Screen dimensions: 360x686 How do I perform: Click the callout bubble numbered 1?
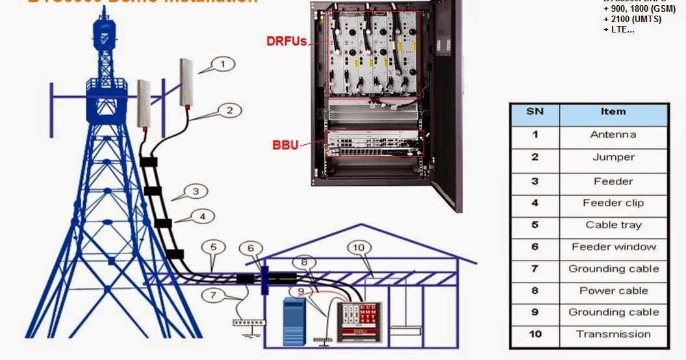click(x=222, y=64)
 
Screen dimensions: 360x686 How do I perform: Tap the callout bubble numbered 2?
click(x=229, y=110)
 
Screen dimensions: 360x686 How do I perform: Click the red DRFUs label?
click(x=286, y=41)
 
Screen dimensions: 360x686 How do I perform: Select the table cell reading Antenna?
click(x=613, y=135)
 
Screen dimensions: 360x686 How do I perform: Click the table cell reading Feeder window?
click(x=613, y=247)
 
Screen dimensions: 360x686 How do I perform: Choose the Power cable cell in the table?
click(x=613, y=290)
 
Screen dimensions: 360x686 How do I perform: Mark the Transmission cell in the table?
click(x=613, y=334)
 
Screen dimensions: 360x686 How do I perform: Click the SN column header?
click(x=535, y=112)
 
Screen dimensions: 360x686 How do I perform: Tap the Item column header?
click(x=613, y=112)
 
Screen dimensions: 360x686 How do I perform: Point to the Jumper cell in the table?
click(x=613, y=157)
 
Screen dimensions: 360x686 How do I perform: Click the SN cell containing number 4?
click(x=535, y=203)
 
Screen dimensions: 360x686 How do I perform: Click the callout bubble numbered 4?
click(x=203, y=214)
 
